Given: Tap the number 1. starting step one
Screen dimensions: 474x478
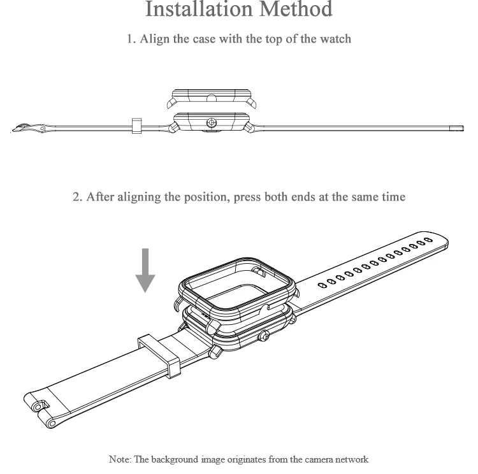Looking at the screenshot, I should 131,39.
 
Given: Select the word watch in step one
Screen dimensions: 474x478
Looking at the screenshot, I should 335,39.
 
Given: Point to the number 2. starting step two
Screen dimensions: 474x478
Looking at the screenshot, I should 78,197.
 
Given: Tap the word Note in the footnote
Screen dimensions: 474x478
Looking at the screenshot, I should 119,459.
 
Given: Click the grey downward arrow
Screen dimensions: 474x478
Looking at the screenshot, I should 146,269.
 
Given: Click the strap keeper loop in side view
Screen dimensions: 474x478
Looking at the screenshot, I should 136,125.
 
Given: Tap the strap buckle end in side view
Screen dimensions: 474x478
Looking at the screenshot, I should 27,129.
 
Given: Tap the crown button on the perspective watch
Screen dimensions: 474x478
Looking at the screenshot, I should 263,335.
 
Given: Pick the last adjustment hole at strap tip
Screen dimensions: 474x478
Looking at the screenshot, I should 428,240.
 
